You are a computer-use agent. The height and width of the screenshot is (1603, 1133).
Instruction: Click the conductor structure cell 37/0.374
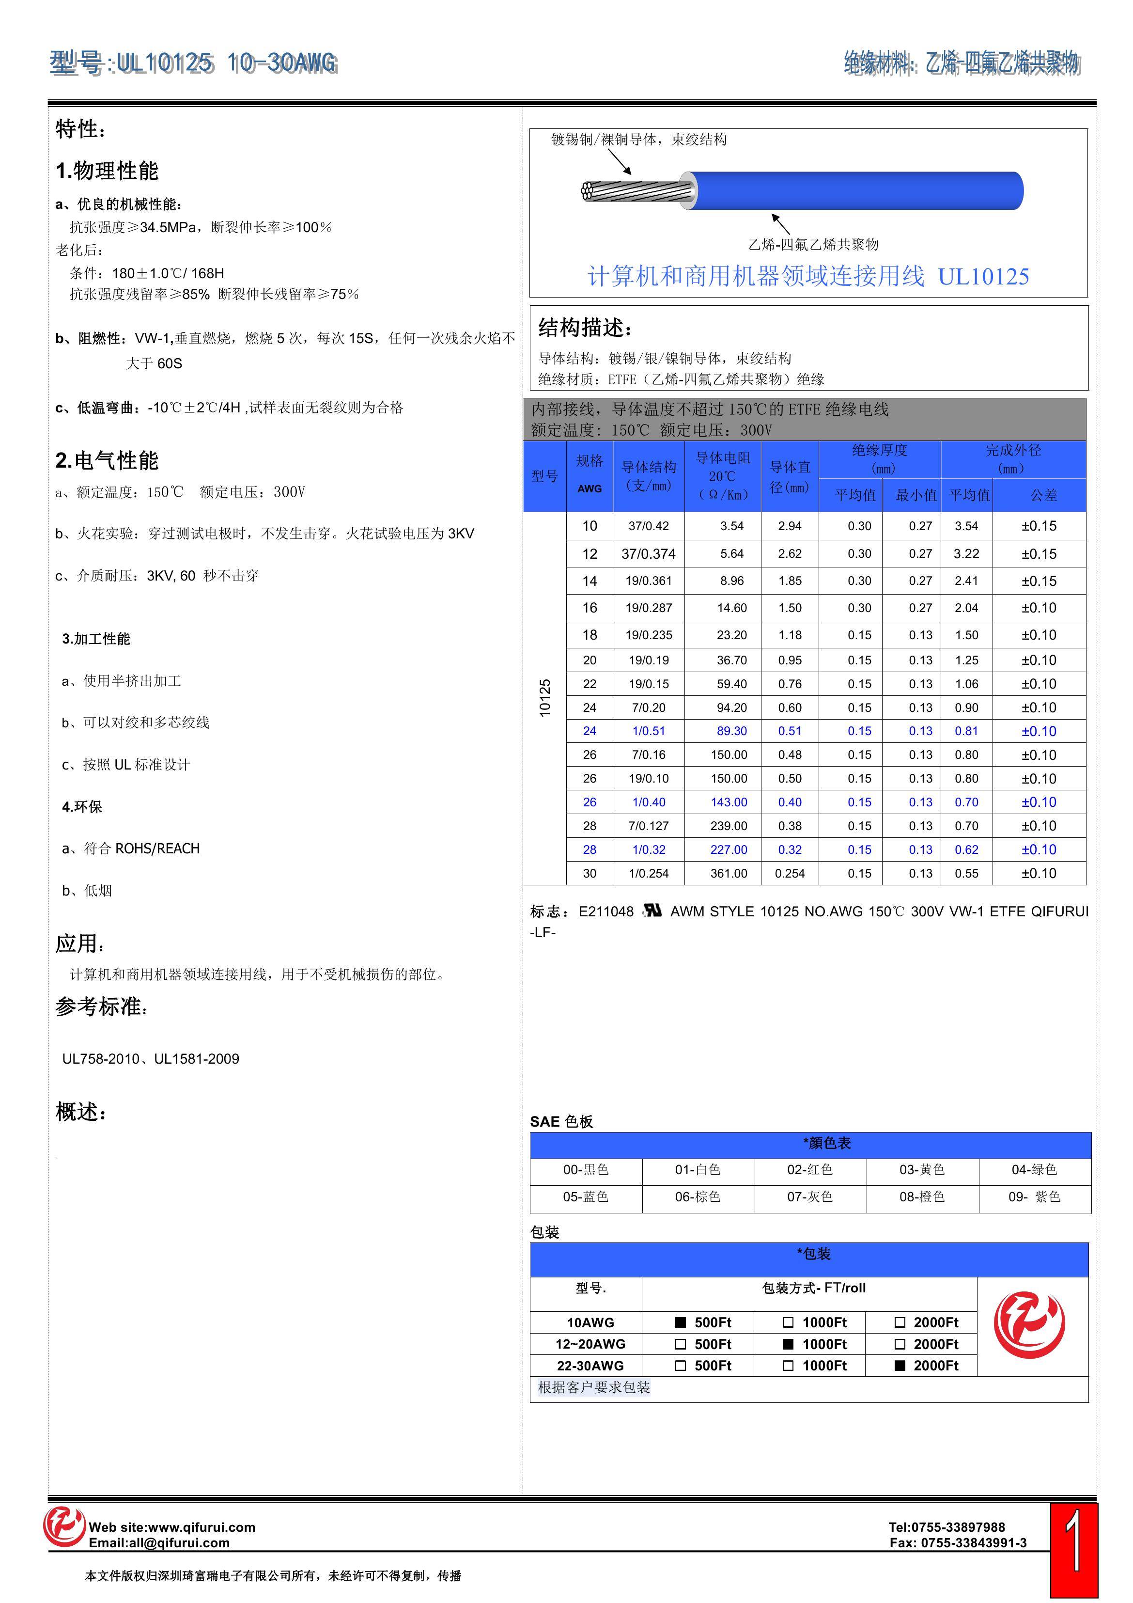[x=649, y=554]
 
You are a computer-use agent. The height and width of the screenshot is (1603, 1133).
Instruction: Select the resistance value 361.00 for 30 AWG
[x=729, y=873]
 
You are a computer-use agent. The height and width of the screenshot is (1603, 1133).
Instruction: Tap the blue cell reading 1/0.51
[x=649, y=731]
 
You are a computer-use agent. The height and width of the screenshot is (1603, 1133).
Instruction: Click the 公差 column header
[x=1044, y=495]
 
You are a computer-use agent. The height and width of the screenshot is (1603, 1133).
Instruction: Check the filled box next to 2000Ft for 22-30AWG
[x=900, y=1366]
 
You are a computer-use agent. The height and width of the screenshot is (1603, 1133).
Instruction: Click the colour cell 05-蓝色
[x=586, y=1196]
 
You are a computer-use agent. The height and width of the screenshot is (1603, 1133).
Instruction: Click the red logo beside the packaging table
[x=1030, y=1325]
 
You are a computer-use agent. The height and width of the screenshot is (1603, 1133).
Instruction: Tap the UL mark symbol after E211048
[x=652, y=911]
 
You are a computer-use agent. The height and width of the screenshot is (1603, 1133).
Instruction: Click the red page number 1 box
[x=1074, y=1549]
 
